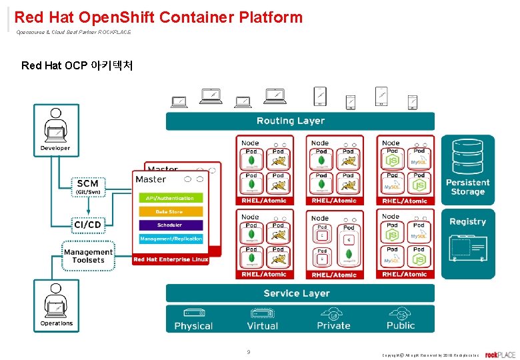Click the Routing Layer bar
click(299, 121)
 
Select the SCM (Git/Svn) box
click(87, 186)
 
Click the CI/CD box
click(87, 225)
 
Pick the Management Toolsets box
click(88, 256)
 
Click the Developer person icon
click(55, 127)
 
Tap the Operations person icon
click(56, 301)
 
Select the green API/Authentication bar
click(169, 198)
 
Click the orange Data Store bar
click(169, 212)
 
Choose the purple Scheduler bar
click(169, 225)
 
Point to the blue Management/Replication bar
click(169, 239)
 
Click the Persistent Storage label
click(467, 187)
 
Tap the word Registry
click(467, 221)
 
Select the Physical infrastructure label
click(193, 326)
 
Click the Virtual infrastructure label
click(262, 326)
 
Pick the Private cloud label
click(333, 326)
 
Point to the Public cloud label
click(401, 326)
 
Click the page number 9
click(249, 352)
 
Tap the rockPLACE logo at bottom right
click(500, 355)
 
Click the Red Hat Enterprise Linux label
click(171, 259)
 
